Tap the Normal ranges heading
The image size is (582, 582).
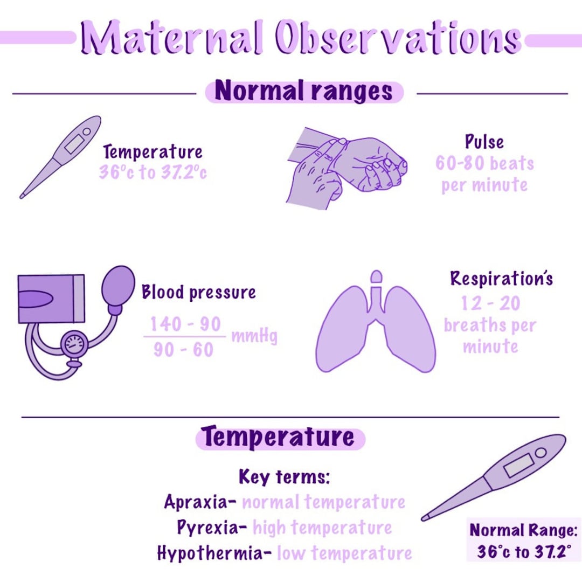click(x=304, y=92)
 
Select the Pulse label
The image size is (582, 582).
click(x=484, y=142)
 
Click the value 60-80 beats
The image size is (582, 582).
click(x=484, y=163)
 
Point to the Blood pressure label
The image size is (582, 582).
click(x=198, y=293)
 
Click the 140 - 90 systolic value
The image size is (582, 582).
click(x=185, y=324)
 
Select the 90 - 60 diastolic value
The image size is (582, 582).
click(x=183, y=350)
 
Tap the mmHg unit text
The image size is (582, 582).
click(x=254, y=337)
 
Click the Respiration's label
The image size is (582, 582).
click(x=501, y=279)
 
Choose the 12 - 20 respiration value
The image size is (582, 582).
click(x=490, y=303)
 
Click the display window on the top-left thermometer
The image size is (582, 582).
click(x=74, y=144)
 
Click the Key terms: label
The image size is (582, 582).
click(x=284, y=477)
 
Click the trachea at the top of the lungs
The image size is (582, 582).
click(x=376, y=294)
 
